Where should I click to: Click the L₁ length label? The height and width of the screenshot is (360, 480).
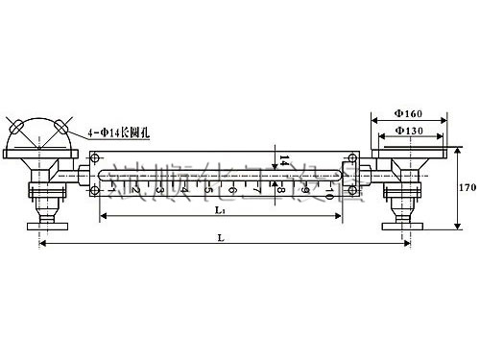tap(220, 209)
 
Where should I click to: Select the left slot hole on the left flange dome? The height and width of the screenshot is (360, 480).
tap(15, 127)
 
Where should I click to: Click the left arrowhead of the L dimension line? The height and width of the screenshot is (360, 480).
tap(42, 244)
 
